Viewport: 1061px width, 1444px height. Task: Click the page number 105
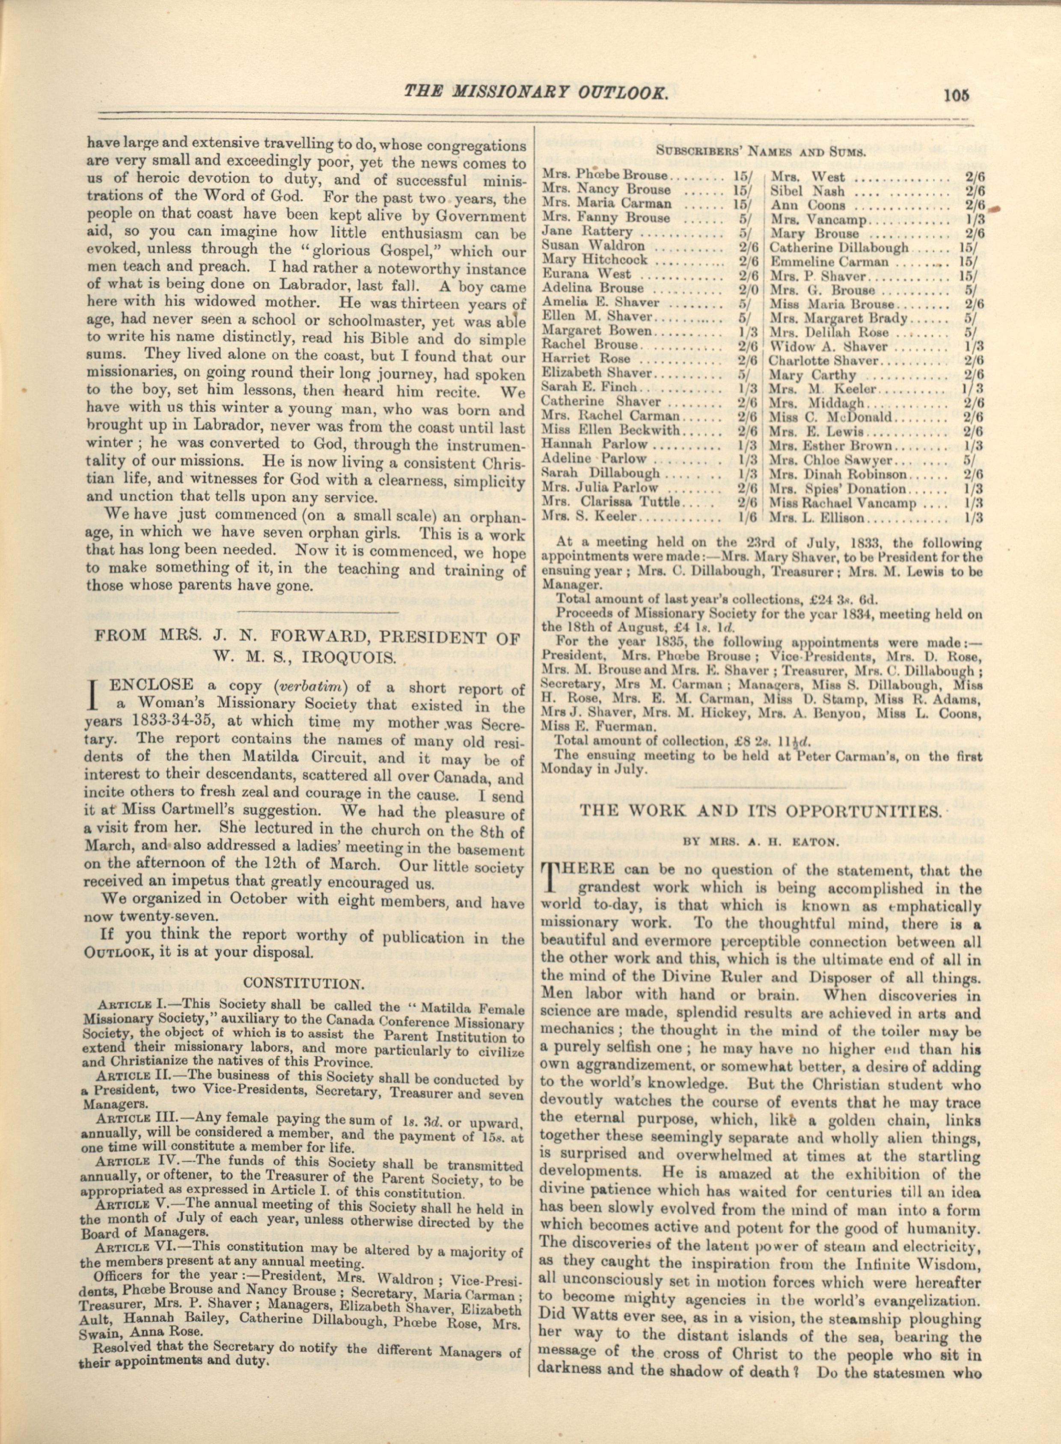[x=956, y=95]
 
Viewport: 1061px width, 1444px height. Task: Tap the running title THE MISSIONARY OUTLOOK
[x=536, y=92]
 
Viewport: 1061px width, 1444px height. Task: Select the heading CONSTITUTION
[x=304, y=984]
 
